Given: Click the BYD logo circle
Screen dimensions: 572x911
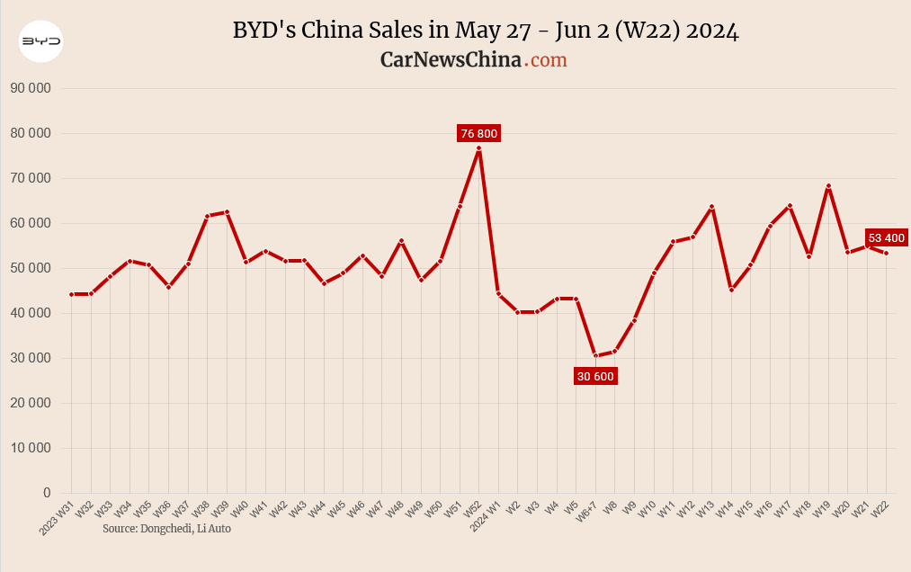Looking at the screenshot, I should pyautogui.click(x=41, y=41).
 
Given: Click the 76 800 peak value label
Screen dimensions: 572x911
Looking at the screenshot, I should pyautogui.click(x=478, y=133).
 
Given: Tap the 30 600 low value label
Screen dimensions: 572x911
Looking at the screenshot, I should pyautogui.click(x=595, y=376).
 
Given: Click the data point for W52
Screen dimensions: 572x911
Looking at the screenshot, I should pyautogui.click(x=479, y=148).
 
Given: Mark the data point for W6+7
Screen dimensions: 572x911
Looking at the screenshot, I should pyautogui.click(x=595, y=355).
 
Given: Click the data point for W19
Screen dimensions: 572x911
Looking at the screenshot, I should pyautogui.click(x=828, y=186).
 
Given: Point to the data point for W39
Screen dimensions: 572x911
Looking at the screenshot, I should pyautogui.click(x=227, y=212).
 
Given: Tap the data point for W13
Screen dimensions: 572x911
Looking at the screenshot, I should pyautogui.click(x=712, y=207).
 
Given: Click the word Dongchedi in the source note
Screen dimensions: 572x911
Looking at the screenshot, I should pyautogui.click(x=166, y=529).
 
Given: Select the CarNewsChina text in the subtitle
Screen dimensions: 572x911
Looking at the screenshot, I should pyautogui.click(x=451, y=59).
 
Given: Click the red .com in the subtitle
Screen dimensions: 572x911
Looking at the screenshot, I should pyautogui.click(x=547, y=59).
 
